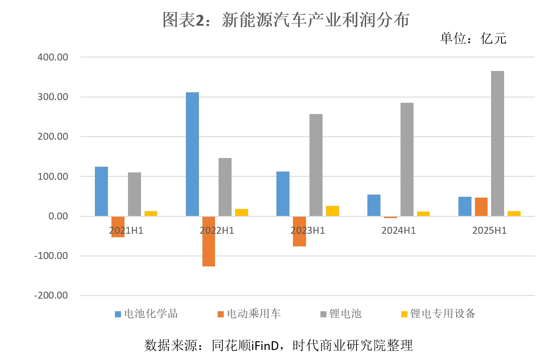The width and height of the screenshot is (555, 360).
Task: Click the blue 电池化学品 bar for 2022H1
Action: [192, 154]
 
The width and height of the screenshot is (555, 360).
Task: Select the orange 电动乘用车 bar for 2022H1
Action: [209, 241]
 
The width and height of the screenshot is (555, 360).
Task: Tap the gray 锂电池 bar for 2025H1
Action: [498, 144]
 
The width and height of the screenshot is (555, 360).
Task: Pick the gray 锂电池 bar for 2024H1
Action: [407, 159]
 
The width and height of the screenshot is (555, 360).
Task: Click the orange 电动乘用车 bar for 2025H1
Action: [481, 207]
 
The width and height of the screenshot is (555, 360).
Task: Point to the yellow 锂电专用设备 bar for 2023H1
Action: [333, 211]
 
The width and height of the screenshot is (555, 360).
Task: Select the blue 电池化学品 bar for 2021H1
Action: [101, 192]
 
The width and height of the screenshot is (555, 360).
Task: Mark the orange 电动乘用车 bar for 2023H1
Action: [299, 232]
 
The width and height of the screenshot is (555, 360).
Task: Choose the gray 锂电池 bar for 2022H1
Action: [225, 187]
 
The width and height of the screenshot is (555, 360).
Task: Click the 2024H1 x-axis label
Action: [398, 231]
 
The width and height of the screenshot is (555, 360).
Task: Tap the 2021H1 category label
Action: [126, 231]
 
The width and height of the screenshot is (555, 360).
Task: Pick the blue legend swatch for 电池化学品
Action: [118, 314]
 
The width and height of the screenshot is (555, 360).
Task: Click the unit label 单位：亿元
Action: [473, 39]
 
